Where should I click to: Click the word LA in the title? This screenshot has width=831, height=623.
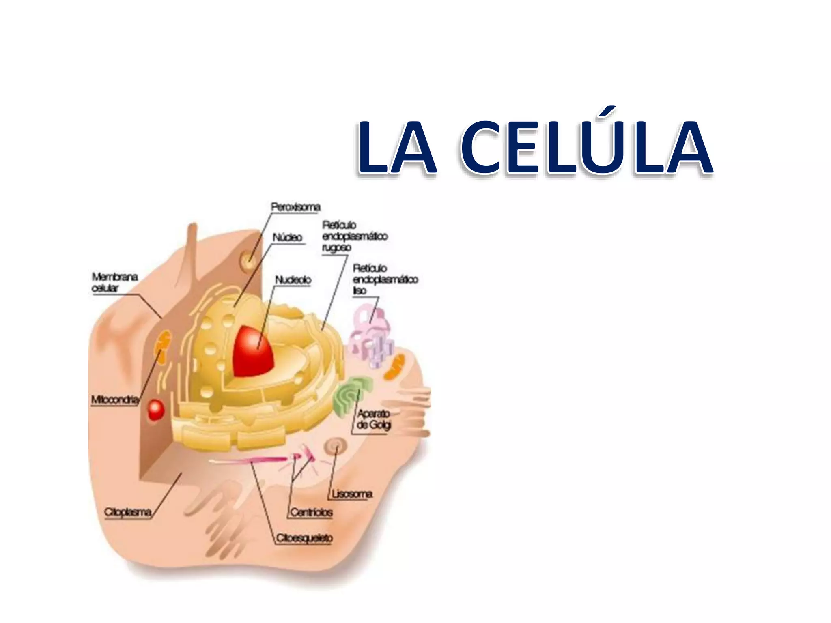[x=396, y=148]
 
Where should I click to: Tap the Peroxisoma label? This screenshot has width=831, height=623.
[x=295, y=207]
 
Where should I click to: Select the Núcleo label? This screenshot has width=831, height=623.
[x=287, y=238]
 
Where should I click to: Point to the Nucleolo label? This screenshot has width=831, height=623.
[x=293, y=280]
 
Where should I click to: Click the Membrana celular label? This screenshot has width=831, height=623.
[x=114, y=282]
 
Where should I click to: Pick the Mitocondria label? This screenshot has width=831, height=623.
[x=115, y=400]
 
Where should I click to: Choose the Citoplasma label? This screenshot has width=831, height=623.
[x=128, y=512]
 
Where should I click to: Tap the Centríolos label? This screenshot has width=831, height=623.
[x=311, y=513]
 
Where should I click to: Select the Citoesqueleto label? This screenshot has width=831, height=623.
[x=304, y=538]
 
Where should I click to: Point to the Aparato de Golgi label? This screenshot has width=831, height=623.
[x=374, y=419]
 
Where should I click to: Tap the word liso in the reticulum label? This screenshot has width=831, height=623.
[x=360, y=291]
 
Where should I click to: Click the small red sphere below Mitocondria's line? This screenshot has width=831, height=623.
[x=155, y=410]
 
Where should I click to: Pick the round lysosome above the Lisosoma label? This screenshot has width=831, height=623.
[x=336, y=447]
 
